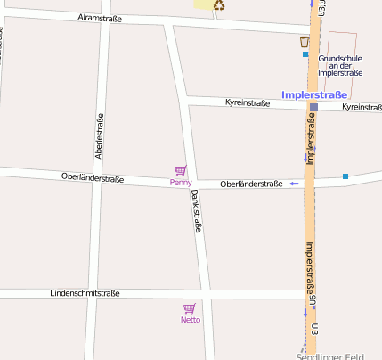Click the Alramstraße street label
(x=99, y=17)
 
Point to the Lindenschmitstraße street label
(x=85, y=293)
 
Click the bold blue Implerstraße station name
(x=314, y=94)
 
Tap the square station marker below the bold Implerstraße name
(x=313, y=107)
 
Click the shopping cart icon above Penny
(x=181, y=170)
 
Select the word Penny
(x=181, y=183)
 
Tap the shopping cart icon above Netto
(x=190, y=307)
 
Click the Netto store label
(x=191, y=320)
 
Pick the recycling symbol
(x=219, y=5)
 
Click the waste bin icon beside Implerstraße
(x=305, y=41)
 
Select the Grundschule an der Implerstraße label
(x=340, y=65)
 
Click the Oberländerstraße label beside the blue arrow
(x=251, y=184)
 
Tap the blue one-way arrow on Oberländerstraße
(x=293, y=184)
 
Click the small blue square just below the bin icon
(x=305, y=54)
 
